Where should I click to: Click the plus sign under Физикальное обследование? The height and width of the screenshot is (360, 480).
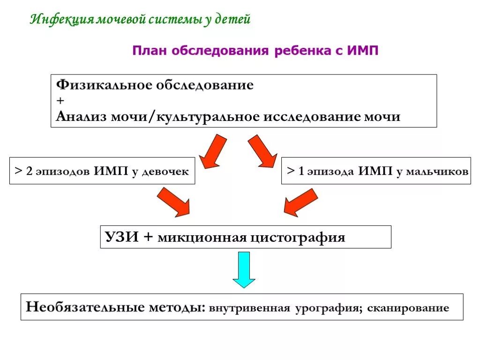pyautogui.click(x=60, y=100)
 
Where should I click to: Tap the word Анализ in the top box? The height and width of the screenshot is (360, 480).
pyautogui.click(x=81, y=116)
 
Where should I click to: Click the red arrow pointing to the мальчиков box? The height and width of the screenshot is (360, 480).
pyautogui.click(x=262, y=151)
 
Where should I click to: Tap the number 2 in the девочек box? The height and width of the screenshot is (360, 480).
pyautogui.click(x=29, y=172)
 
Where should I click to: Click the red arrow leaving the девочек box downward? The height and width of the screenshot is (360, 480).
pyautogui.click(x=173, y=202)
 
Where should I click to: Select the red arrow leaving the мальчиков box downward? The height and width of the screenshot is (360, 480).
pyautogui.click(x=300, y=202)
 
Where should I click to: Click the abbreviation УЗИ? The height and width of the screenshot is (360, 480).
pyautogui.click(x=121, y=237)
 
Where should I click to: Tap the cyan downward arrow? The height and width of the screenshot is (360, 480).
pyautogui.click(x=244, y=270)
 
